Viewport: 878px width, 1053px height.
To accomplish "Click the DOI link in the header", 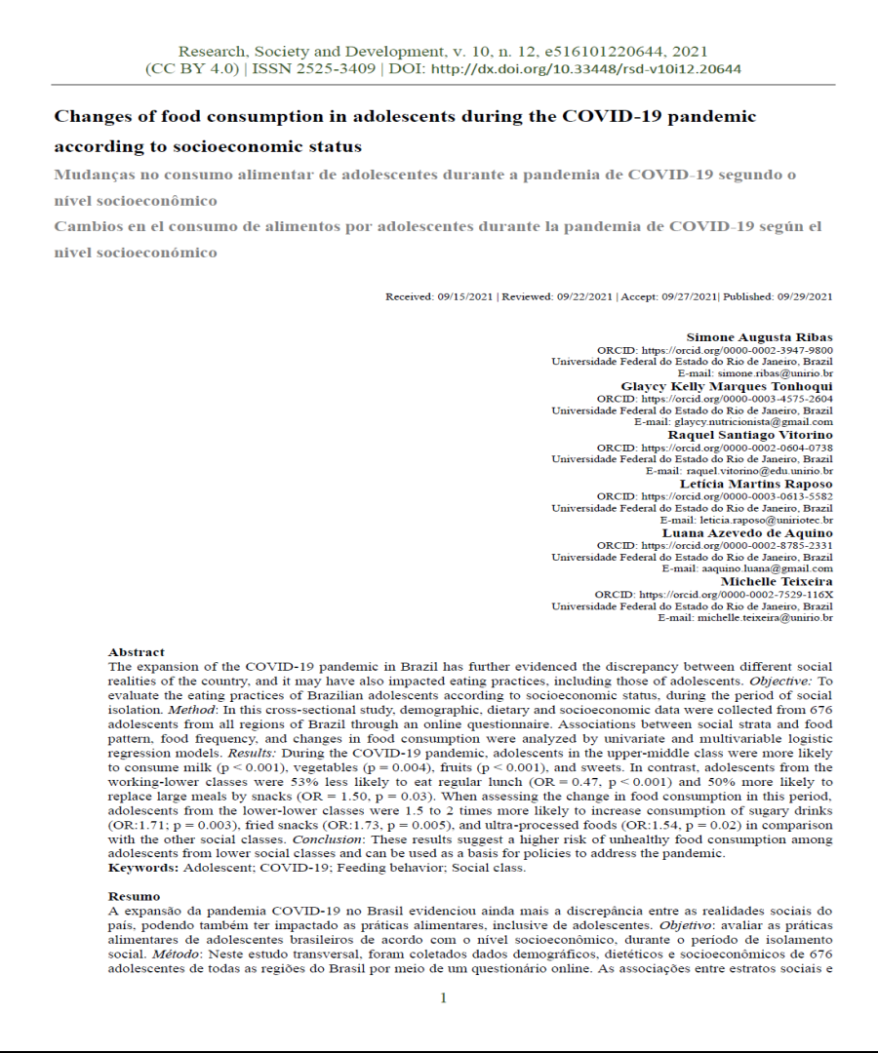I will pyautogui.click(x=585, y=69).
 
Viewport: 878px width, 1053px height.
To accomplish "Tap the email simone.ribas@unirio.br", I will pyautogui.click(x=776, y=373).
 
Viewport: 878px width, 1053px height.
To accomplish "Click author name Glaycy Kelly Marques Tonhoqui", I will pyautogui.click(x=727, y=386).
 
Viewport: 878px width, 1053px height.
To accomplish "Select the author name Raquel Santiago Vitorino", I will pyautogui.click(x=750, y=435).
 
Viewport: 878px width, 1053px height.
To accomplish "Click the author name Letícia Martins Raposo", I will pyautogui.click(x=757, y=484).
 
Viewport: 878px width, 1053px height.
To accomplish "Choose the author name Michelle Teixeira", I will pyautogui.click(x=778, y=581).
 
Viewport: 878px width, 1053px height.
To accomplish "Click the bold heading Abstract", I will pyautogui.click(x=137, y=652).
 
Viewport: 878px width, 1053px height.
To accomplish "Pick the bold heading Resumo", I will pyautogui.click(x=134, y=895).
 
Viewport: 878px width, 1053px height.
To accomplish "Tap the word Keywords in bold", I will pyautogui.click(x=143, y=868).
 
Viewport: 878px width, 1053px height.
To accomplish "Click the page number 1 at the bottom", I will pyautogui.click(x=443, y=997).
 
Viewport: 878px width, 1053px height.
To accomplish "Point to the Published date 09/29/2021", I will pyautogui.click(x=805, y=296).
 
